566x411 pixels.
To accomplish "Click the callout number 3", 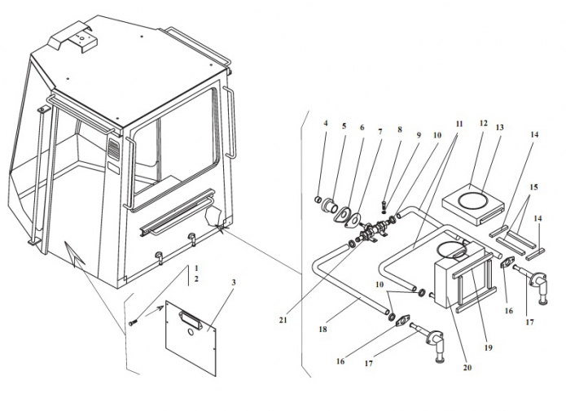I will (x=234, y=282).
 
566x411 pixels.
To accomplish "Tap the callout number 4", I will (x=325, y=124).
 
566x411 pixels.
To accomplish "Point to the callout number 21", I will (x=283, y=320).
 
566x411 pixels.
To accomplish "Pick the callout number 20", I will (x=467, y=367).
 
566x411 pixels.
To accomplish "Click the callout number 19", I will (x=489, y=348).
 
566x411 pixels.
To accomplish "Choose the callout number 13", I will (x=500, y=128).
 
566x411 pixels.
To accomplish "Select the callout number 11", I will (x=459, y=124).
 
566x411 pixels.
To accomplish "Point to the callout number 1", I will (x=196, y=268).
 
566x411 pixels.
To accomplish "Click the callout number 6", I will (x=362, y=128).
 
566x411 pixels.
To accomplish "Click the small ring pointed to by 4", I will (x=319, y=199).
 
